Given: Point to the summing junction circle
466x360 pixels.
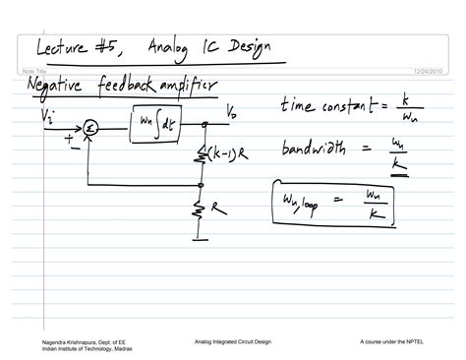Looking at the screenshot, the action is tap(88, 126).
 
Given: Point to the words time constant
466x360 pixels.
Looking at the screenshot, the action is tap(324, 104).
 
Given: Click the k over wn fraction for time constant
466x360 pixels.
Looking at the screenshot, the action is tap(404, 102).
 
